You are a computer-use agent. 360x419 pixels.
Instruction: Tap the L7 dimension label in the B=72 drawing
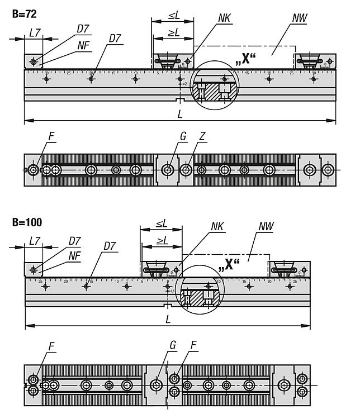pyautogui.click(x=34, y=34)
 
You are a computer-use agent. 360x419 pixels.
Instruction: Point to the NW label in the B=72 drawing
pyautogui.click(x=299, y=18)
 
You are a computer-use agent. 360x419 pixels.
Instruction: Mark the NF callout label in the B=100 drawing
pyautogui.click(x=73, y=254)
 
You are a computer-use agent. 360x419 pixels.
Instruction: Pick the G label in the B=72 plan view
pyautogui.click(x=176, y=137)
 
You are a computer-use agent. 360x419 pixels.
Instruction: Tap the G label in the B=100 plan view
pyautogui.click(x=173, y=346)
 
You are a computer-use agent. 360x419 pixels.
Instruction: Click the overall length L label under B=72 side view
pyautogui.click(x=179, y=114)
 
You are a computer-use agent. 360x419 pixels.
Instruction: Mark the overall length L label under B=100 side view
pyautogui.click(x=168, y=319)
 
